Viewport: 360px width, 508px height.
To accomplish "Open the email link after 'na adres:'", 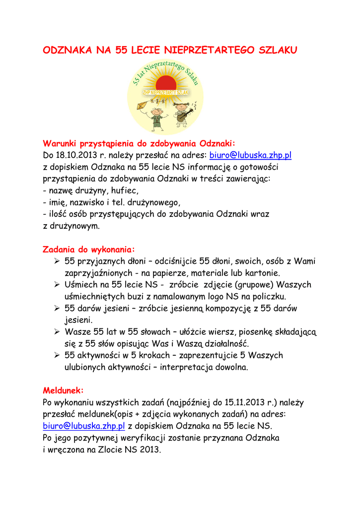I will click(x=250, y=155).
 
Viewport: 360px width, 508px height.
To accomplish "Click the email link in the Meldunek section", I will click(x=84, y=426).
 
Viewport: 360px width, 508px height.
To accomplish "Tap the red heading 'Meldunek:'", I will click(x=64, y=390).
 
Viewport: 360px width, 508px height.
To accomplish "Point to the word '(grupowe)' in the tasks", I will click(x=253, y=285).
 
